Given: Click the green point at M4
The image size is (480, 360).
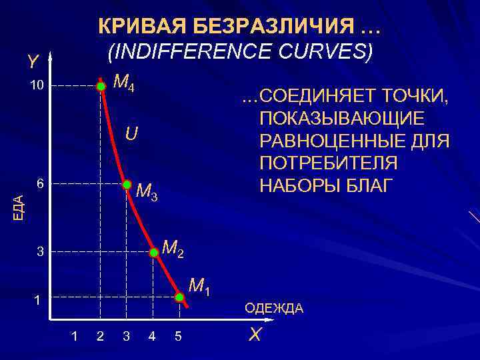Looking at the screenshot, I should coord(101,86).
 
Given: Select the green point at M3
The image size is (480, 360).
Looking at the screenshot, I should coord(126,184).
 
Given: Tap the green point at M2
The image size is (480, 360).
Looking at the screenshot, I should coord(154,253).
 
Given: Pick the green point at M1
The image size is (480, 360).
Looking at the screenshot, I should coord(179,297).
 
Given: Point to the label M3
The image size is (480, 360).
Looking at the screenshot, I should coord(147,193).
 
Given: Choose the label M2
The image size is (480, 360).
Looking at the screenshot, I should coord(174,249).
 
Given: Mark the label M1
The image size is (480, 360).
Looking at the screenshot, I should coord(200,286).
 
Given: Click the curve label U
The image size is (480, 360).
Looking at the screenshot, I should coord(132,135).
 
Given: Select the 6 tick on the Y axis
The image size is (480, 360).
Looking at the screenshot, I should coord(40,183).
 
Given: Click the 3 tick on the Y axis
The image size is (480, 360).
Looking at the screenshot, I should coord(40,253).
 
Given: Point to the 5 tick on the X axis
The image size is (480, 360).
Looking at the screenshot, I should coord(178,335).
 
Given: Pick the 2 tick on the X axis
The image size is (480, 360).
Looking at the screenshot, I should coord(100,335).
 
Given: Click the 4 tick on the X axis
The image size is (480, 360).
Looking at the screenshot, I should coord(152,335).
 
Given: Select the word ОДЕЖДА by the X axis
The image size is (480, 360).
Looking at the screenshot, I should coord(274,308).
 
